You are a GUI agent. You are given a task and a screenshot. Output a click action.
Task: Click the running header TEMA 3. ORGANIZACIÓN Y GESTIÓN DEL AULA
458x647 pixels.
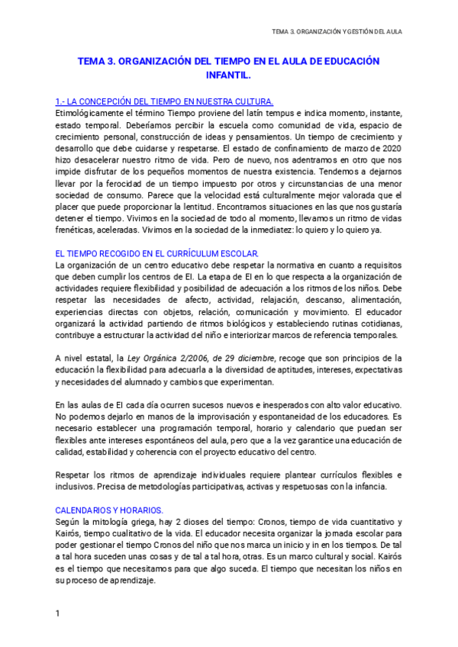point(337,31)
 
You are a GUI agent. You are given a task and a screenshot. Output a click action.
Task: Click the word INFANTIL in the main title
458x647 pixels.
point(227,76)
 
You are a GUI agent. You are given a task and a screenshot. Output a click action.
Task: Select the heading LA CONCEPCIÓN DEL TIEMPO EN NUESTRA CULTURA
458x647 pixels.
point(164,101)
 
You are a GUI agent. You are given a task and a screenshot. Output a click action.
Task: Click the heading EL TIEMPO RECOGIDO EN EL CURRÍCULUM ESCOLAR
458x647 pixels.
point(157,253)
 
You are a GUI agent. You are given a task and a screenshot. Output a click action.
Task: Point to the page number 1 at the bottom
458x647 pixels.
point(58,613)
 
